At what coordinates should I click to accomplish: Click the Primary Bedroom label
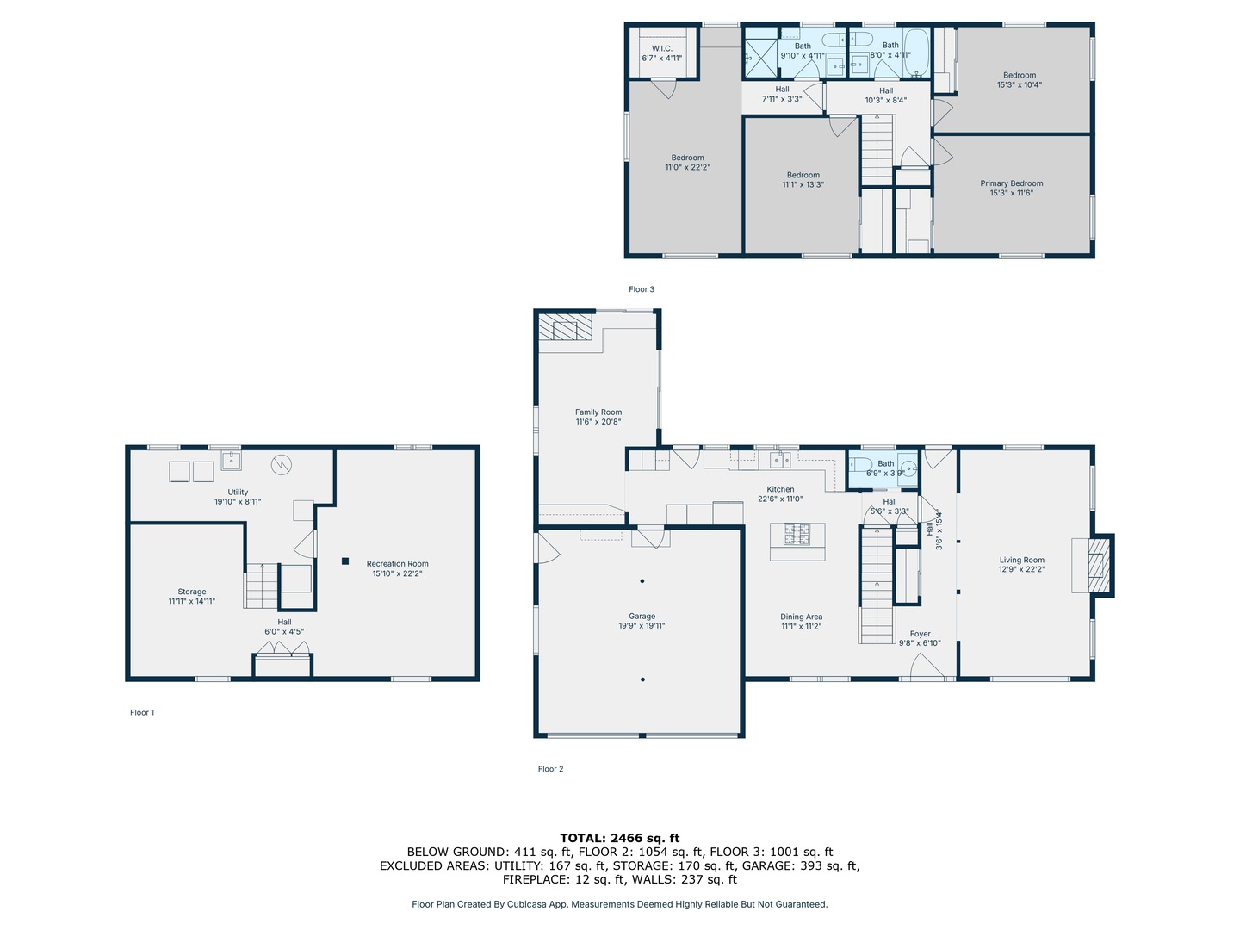pyautogui.click(x=1011, y=183)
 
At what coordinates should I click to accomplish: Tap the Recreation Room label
pyautogui.click(x=397, y=563)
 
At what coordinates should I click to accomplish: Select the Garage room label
pyautogui.click(x=642, y=616)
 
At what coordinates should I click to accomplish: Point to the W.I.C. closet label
pyautogui.click(x=661, y=48)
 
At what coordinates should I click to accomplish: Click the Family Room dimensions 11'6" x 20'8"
pyautogui.click(x=598, y=421)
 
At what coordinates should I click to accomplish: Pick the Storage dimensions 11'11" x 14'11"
pyautogui.click(x=191, y=601)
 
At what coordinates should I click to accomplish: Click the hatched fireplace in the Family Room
pyautogui.click(x=565, y=327)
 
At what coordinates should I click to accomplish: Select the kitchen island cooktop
pyautogui.click(x=797, y=534)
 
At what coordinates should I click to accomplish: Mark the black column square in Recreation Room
pyautogui.click(x=345, y=561)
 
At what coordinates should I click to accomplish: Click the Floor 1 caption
pyautogui.click(x=142, y=712)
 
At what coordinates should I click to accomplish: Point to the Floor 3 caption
pyautogui.click(x=642, y=289)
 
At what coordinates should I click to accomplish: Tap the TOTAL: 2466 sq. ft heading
pyautogui.click(x=620, y=838)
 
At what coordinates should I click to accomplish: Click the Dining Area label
pyautogui.click(x=801, y=617)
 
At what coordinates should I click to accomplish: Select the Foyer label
pyautogui.click(x=920, y=634)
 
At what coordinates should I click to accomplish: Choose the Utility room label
pyautogui.click(x=238, y=492)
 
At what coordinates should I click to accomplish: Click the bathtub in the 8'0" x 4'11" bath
pyautogui.click(x=915, y=53)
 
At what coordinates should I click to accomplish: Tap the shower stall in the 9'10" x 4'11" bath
pyautogui.click(x=761, y=58)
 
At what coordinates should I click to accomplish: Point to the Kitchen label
pyautogui.click(x=780, y=489)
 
